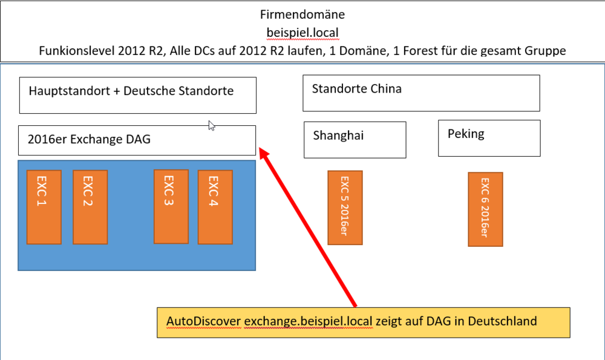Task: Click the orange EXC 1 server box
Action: (44, 206)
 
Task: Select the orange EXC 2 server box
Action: (90, 206)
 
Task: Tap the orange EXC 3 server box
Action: (171, 206)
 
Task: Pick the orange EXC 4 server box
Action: (215, 206)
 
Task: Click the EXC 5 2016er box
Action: (345, 208)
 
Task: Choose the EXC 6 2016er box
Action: (485, 209)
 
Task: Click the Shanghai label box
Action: (355, 140)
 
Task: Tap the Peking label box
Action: (489, 137)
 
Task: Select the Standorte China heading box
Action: (421, 93)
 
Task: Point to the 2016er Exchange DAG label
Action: (89, 140)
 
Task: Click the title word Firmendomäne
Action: (302, 14)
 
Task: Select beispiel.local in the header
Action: (302, 32)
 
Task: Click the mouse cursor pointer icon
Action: (211, 125)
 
